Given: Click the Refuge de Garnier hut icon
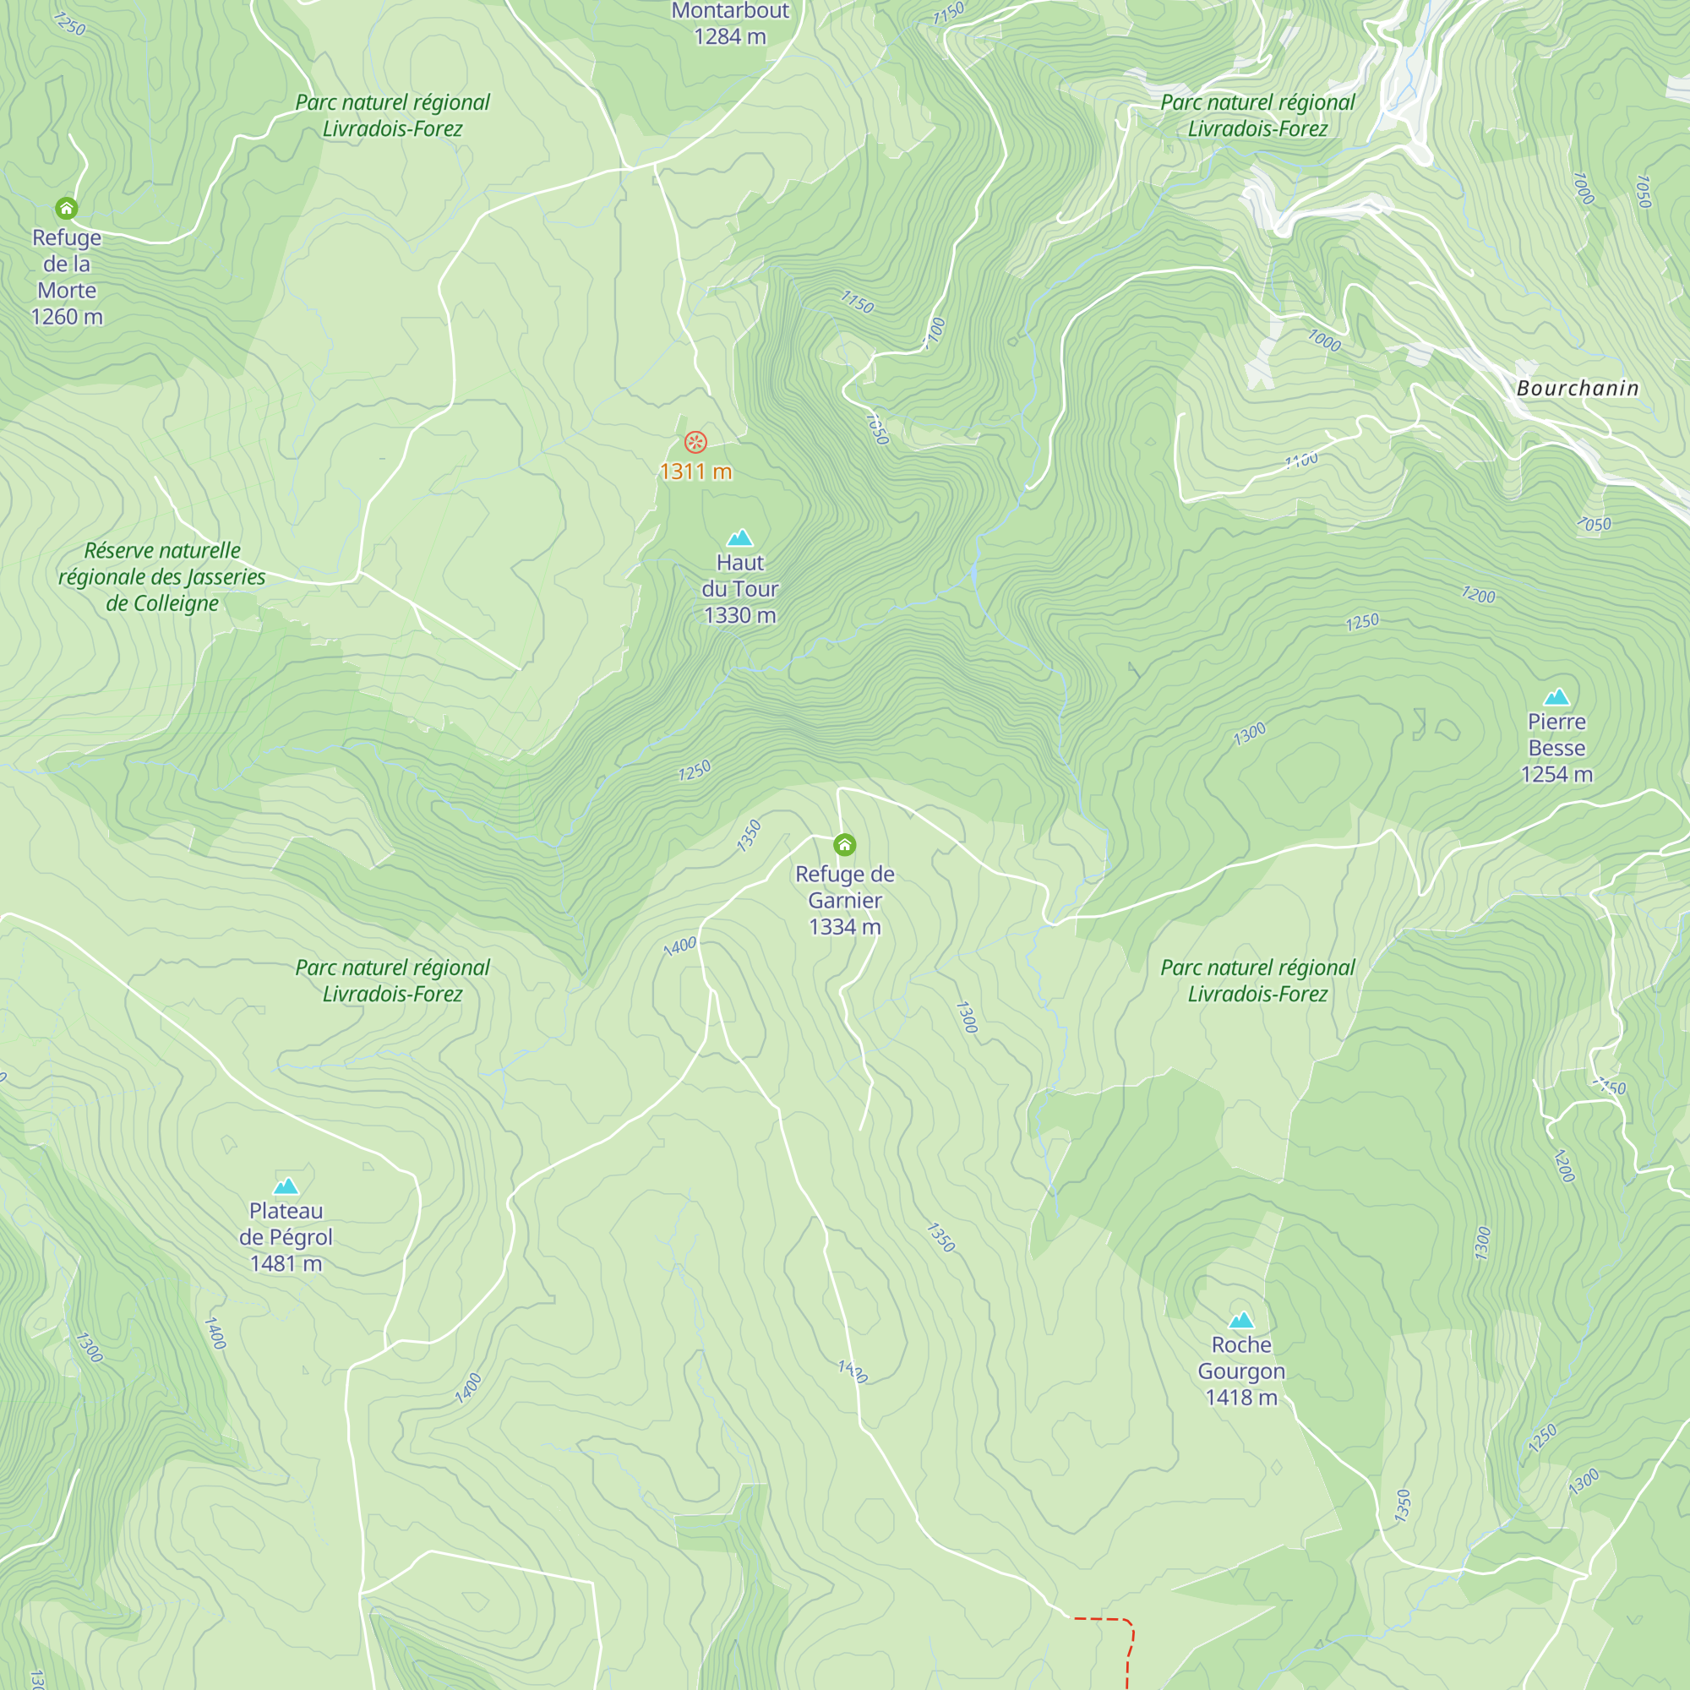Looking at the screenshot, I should [x=844, y=844].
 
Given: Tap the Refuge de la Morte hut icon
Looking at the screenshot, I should [x=67, y=208].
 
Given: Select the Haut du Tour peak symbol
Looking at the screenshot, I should [x=740, y=537].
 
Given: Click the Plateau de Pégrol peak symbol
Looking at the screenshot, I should [x=286, y=1186].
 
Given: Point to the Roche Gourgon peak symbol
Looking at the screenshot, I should [x=1241, y=1320].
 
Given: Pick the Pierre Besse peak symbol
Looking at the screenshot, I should [x=1556, y=697].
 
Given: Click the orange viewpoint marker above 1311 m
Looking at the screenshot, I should [x=695, y=442].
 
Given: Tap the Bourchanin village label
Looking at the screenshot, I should [x=1577, y=389].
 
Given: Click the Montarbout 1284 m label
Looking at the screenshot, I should [x=729, y=24].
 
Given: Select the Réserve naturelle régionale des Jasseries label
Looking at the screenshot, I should [x=162, y=576].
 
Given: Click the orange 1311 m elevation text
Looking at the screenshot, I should [x=695, y=472].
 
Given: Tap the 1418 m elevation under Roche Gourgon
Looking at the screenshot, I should [x=1241, y=1397].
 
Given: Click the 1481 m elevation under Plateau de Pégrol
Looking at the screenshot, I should [x=286, y=1263].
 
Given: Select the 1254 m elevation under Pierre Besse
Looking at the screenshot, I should [x=1556, y=774].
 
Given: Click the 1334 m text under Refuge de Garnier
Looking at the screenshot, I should [x=844, y=926].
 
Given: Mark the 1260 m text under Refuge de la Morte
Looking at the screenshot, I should [x=67, y=317].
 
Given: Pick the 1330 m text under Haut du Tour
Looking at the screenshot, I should [x=740, y=615].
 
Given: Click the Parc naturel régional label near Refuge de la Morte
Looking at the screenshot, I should [x=392, y=116].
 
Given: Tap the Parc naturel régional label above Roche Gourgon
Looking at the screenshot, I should [x=1257, y=980].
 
